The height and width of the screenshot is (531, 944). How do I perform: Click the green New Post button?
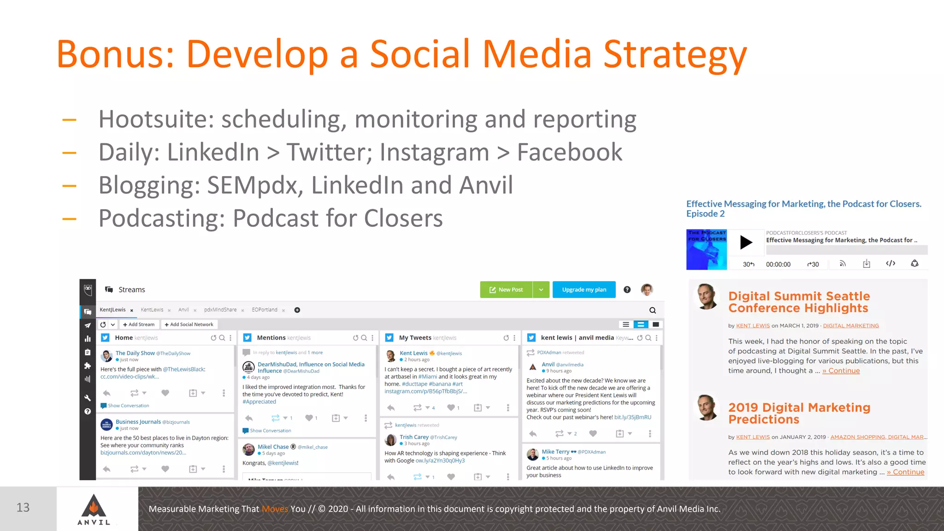coord(506,289)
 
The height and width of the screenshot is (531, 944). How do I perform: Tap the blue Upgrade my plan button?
coord(584,289)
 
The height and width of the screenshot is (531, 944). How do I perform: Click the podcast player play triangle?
coord(746,242)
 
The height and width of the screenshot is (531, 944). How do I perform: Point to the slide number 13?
coord(23,507)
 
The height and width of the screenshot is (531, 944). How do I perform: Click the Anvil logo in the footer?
coord(94,509)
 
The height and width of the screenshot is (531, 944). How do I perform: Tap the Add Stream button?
coord(139,324)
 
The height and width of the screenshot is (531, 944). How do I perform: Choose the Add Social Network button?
coord(189,324)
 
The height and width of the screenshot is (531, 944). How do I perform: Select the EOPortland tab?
coord(265,310)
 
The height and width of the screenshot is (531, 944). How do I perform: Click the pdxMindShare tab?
coord(220,310)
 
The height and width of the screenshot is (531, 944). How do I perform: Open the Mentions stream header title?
coord(271,338)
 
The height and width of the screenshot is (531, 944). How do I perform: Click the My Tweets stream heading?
coord(415,338)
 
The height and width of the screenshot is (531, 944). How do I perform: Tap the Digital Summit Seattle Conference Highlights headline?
coord(799,302)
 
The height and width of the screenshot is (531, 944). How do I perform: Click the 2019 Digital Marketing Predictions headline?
coord(799,413)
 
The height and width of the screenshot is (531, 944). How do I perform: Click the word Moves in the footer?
coord(275,509)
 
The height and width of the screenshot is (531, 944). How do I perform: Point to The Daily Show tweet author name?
coord(135,353)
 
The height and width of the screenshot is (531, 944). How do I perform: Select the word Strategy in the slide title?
coord(675,55)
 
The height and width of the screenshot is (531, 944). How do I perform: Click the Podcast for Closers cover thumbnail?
coord(706,249)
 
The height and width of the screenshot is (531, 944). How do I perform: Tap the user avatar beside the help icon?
coord(647,289)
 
